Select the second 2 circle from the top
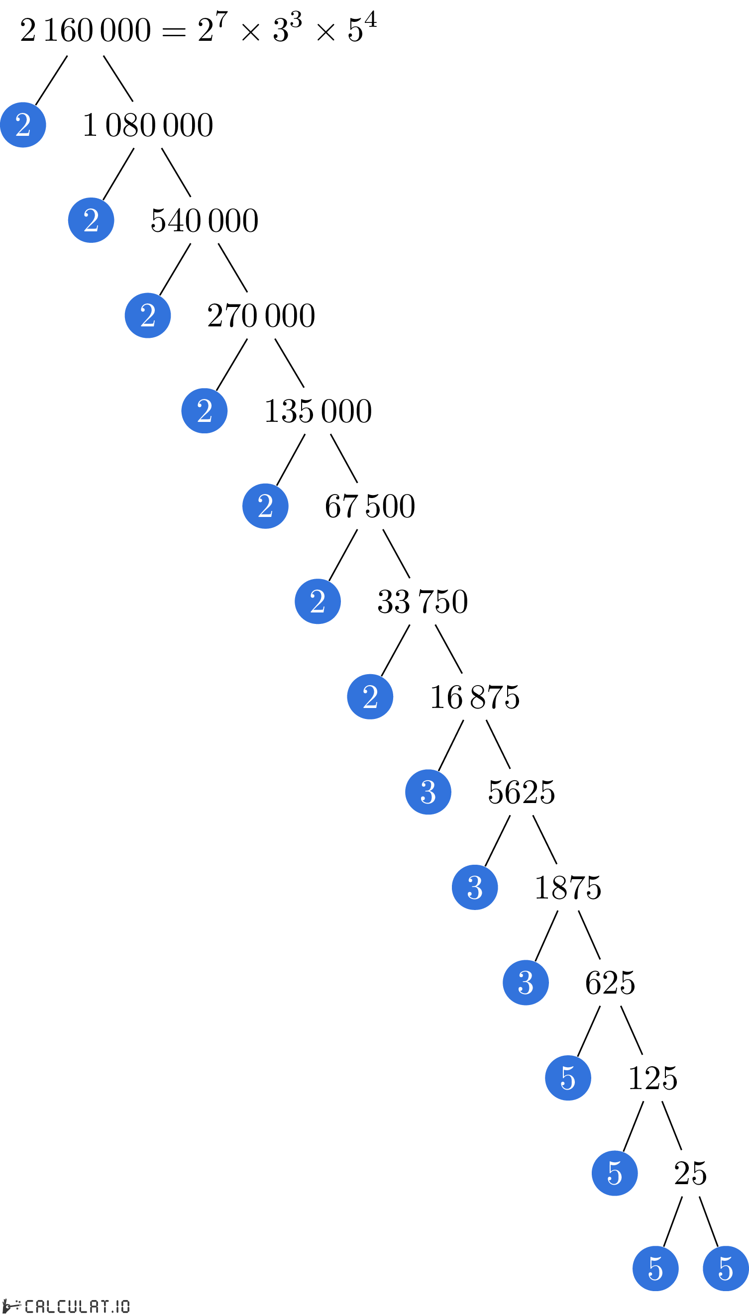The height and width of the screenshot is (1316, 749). (91, 220)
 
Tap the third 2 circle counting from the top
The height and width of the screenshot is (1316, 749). (148, 315)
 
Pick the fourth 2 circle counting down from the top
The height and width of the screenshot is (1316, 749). (204, 411)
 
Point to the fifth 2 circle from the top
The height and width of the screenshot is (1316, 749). (265, 506)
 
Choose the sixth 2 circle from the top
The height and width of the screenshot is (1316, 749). (318, 601)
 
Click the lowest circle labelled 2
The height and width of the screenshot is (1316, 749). (370, 697)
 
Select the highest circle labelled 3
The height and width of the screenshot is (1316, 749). (428, 792)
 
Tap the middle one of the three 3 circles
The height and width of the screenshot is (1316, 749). (475, 887)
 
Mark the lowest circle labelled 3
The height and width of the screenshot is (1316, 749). (526, 982)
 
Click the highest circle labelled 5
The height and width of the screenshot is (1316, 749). (568, 1078)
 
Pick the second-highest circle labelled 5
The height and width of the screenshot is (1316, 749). (615, 1173)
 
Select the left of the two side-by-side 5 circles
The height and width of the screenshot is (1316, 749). (655, 1268)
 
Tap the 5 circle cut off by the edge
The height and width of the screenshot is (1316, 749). (726, 1268)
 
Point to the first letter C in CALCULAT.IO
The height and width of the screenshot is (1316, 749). (29, 1306)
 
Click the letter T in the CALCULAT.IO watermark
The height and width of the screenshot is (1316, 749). (105, 1306)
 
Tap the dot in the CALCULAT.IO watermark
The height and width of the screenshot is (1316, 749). (112, 1312)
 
